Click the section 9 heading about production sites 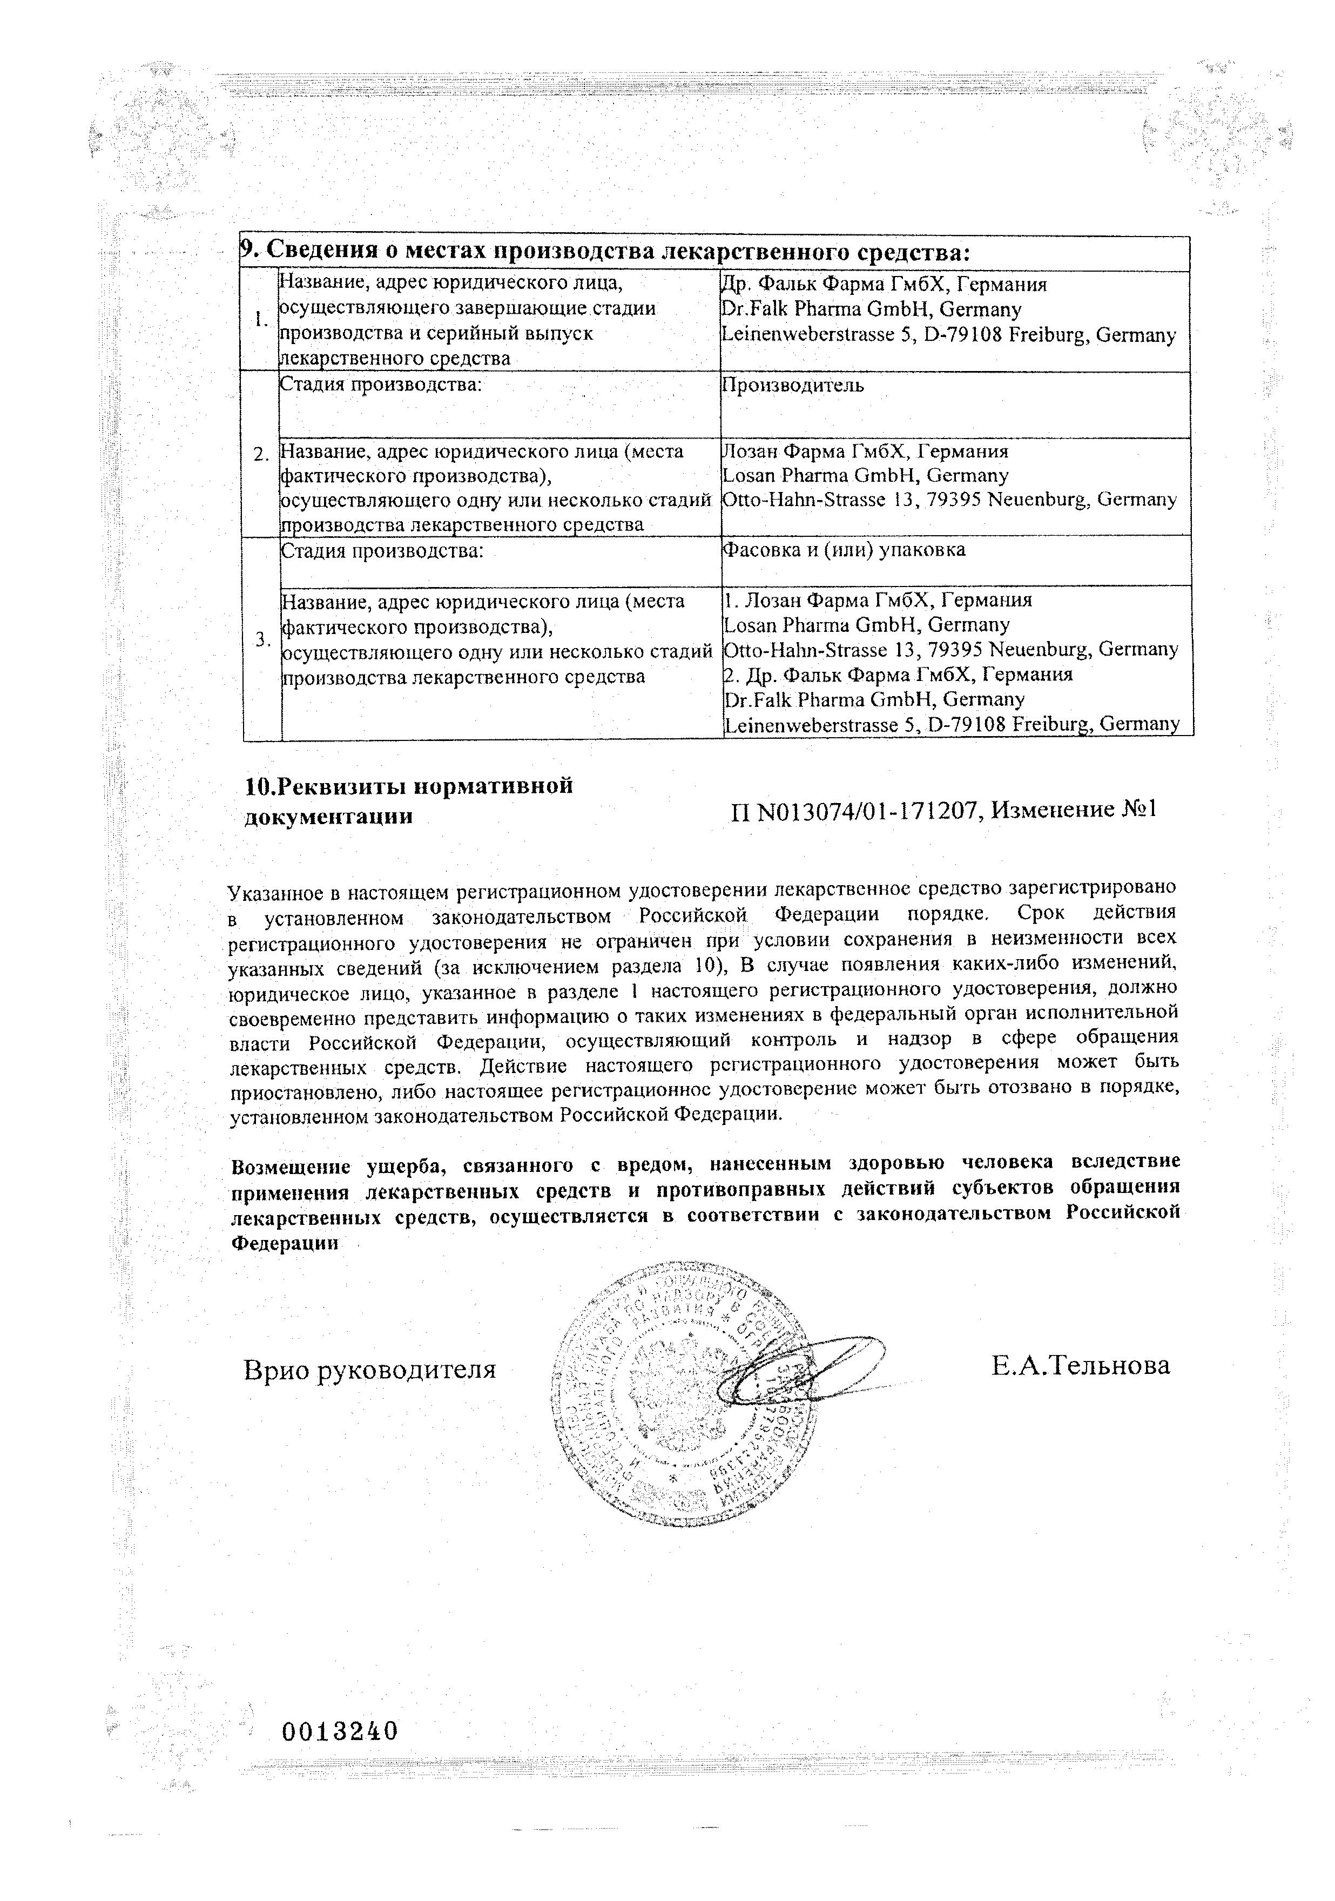(x=604, y=253)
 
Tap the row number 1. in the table (x=261, y=320)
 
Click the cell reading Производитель (x=793, y=386)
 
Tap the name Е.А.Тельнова (x=1080, y=1366)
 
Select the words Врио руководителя (x=369, y=1370)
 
